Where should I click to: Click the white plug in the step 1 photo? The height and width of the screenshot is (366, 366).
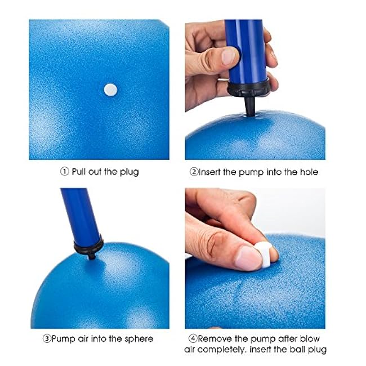coord(110,90)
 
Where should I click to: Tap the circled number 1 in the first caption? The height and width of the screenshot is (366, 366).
coord(65,172)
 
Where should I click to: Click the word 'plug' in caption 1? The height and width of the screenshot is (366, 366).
coord(130,172)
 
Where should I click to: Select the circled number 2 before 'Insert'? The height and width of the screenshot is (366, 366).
coord(194,172)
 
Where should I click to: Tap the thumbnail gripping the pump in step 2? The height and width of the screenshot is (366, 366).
coord(228,56)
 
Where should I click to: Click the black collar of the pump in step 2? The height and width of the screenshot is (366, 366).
coord(249,88)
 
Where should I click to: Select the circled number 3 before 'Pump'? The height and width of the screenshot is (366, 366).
coord(47,338)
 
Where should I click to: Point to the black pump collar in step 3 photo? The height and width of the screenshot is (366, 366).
coord(88,247)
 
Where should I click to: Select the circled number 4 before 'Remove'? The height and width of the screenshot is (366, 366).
coord(193,338)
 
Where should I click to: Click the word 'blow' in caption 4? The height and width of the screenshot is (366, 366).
coord(310,338)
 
